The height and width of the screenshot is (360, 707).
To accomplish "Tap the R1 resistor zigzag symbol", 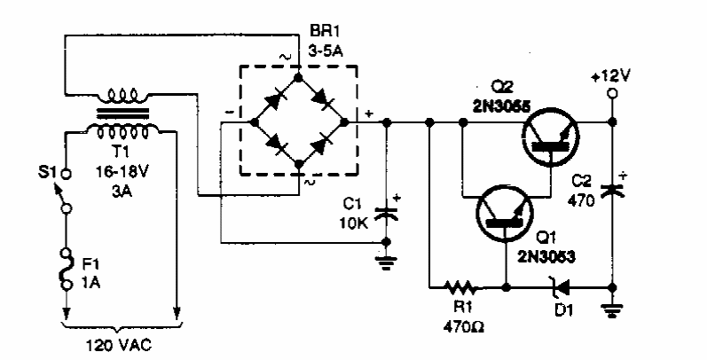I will tap(462, 288).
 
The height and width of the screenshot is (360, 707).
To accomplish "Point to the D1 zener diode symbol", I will tap(558, 288).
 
